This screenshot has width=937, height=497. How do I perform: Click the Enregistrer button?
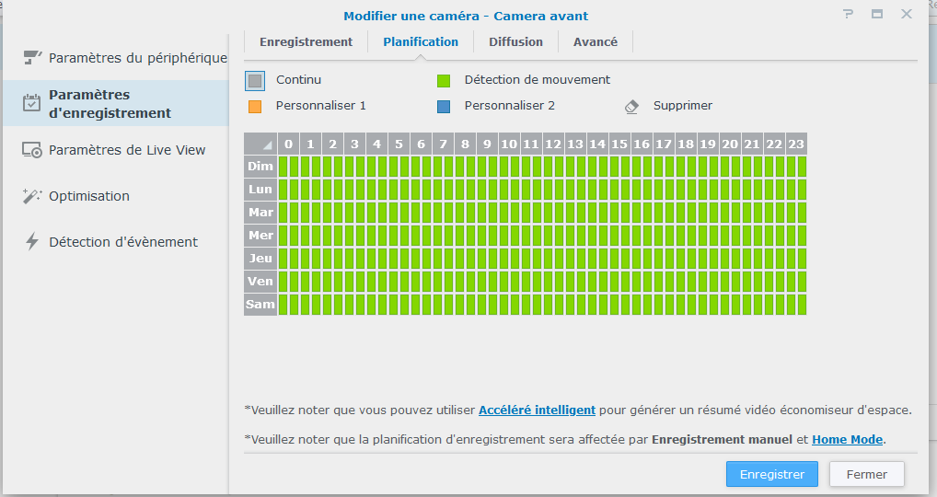point(771,474)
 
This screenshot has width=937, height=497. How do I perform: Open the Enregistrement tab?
point(306,41)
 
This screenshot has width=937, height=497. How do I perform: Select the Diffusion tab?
point(515,41)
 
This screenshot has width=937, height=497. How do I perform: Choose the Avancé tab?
point(596,41)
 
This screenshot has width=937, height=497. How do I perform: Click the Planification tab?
point(421,41)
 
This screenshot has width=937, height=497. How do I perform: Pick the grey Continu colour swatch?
point(255,81)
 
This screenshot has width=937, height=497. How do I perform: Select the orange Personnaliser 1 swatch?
point(255,106)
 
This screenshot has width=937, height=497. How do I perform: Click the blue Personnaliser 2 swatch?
point(444,106)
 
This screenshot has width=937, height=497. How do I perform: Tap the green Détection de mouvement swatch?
point(444,81)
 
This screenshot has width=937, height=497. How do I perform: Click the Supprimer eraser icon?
point(631,106)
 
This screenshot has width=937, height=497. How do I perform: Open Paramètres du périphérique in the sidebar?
point(137,58)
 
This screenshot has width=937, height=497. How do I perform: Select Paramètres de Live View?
point(127,150)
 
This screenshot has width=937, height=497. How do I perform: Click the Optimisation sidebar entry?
point(89,196)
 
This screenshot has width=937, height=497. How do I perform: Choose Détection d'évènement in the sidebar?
point(123,242)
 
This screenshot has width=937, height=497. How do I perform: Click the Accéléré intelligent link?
point(537,410)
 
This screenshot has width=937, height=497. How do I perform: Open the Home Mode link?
point(847,439)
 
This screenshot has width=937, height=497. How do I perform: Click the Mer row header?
point(260,236)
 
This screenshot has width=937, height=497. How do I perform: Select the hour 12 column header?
point(553,144)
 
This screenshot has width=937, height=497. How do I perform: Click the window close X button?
point(907,14)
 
